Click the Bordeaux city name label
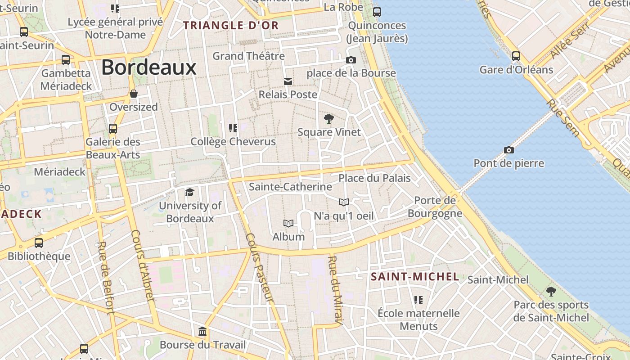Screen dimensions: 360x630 (x=148, y=67)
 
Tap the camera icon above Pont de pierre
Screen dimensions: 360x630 (x=508, y=150)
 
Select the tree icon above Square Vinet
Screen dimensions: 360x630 (x=329, y=119)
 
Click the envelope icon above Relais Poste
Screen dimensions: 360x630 (x=288, y=81)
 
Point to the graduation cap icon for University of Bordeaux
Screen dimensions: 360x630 (x=190, y=192)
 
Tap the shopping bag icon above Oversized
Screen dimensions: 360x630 (x=134, y=94)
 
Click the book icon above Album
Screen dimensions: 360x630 (x=288, y=223)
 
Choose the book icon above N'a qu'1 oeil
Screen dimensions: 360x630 (x=344, y=202)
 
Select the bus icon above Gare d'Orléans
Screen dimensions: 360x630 (x=516, y=56)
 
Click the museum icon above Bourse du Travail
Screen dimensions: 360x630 (x=202, y=332)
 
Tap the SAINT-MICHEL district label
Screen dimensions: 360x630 (x=415, y=277)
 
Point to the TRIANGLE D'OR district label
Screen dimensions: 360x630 (x=231, y=25)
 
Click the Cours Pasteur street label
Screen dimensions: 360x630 (x=260, y=268)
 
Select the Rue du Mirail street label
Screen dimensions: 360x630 (x=335, y=290)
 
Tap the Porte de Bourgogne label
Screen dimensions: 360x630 (x=435, y=207)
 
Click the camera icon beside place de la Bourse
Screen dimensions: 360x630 (x=351, y=60)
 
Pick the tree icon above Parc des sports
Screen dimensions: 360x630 (x=551, y=291)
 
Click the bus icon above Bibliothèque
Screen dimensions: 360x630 (x=39, y=243)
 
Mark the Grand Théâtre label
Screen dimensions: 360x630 (x=248, y=56)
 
